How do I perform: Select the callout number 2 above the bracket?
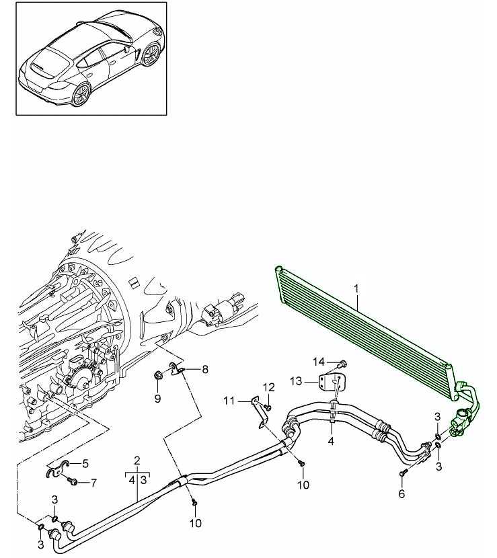(x=137, y=461)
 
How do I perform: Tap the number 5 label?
(x=85, y=463)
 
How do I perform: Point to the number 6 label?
(x=402, y=493)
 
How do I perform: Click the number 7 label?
(x=93, y=482)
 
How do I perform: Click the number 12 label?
(x=269, y=387)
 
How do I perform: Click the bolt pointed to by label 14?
(x=342, y=363)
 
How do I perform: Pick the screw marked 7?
(x=74, y=481)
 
